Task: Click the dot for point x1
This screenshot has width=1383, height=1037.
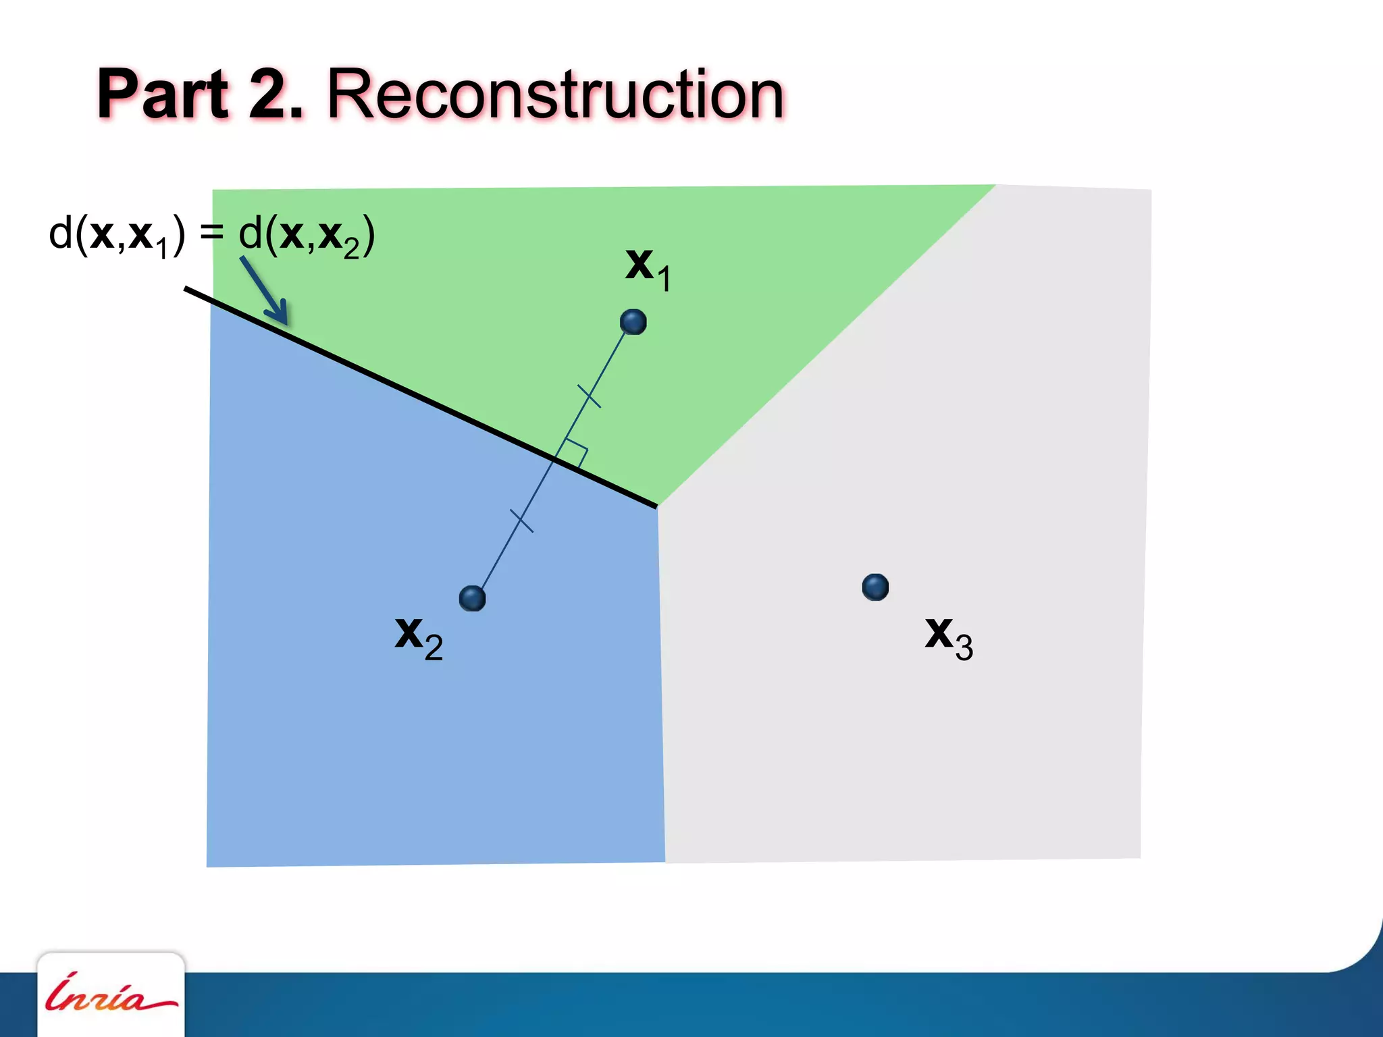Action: click(x=633, y=322)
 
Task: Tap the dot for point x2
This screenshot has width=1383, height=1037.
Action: click(x=472, y=598)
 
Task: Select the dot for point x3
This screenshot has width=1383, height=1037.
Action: click(x=875, y=587)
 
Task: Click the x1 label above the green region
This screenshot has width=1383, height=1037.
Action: click(x=647, y=268)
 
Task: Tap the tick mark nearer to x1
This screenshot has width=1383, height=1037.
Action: click(x=589, y=396)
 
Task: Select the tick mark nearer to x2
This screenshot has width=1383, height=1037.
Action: click(x=521, y=521)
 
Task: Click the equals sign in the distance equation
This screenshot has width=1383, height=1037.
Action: click(x=211, y=233)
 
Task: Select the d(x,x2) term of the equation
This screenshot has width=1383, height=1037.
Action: click(x=307, y=236)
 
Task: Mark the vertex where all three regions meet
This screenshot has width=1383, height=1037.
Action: click(x=657, y=506)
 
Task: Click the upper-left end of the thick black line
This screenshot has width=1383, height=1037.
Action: click(x=186, y=289)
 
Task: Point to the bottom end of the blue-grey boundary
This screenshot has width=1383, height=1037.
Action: click(x=665, y=861)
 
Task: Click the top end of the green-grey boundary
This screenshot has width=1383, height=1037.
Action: click(x=995, y=186)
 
